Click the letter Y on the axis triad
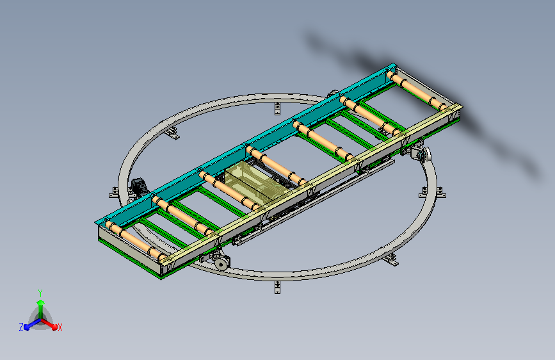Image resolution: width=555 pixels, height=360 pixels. point(40,293)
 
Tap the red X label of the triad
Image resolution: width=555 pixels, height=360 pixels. point(60,328)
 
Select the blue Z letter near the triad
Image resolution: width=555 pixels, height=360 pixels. point(21,327)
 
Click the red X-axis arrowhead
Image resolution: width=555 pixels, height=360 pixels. point(54,327)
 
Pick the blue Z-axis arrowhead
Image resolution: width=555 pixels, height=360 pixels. point(27,327)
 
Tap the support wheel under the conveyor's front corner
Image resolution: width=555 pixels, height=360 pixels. point(221,264)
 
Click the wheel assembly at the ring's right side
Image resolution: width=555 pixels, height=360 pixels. point(421,154)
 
